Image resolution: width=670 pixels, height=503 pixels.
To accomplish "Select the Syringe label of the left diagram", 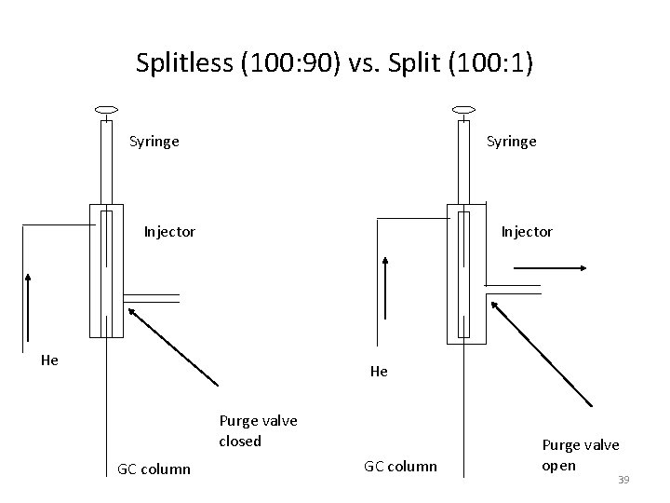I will click(x=154, y=143).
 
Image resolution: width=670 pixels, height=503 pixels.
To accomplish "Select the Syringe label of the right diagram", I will click(x=512, y=143).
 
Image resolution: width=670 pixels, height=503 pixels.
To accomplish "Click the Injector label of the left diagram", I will click(x=169, y=232).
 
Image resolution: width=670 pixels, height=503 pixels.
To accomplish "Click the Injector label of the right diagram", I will click(x=527, y=232).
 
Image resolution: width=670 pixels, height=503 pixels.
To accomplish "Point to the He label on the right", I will click(x=379, y=372).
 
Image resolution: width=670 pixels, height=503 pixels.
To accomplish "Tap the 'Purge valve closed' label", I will click(x=258, y=430).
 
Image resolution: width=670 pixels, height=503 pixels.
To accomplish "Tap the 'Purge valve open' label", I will click(x=580, y=455).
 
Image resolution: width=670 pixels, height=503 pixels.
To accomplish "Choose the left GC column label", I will click(x=154, y=469).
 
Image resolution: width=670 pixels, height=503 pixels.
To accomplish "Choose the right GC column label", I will click(x=400, y=466).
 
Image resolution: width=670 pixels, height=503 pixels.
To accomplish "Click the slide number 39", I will click(x=623, y=480).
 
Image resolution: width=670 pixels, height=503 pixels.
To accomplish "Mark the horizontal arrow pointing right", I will click(x=549, y=268).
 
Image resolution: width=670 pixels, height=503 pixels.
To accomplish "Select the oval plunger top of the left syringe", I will click(x=105, y=110).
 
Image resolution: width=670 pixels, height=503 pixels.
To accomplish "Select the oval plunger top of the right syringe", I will click(x=462, y=110).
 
